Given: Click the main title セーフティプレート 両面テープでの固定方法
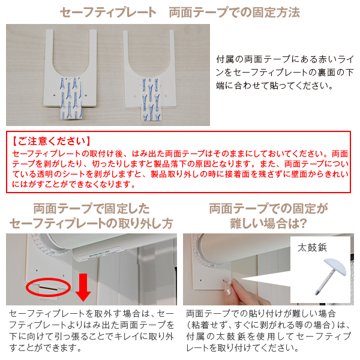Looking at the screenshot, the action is click(180, 12).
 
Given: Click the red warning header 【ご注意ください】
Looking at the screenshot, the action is click(52, 141).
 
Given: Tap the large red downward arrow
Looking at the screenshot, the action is click(83, 287).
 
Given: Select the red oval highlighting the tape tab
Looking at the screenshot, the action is click(48, 287).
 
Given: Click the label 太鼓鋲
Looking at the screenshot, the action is click(312, 248).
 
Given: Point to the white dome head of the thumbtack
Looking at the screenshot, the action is click(336, 266).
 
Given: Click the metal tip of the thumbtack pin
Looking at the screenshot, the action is click(316, 293).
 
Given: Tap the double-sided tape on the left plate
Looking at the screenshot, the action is click(71, 98).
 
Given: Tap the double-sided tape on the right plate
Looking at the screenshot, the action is click(151, 100).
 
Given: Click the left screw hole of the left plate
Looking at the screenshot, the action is click(54, 95).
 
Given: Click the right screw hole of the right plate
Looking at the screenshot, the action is click(166, 96).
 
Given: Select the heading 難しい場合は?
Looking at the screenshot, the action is click(268, 223).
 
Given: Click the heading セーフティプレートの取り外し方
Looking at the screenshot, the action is click(91, 223).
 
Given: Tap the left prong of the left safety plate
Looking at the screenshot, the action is click(49, 50).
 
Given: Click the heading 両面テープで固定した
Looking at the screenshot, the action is click(92, 208).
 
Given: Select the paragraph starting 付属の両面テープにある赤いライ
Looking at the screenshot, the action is click(284, 73).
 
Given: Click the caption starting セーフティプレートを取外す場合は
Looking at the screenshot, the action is click(92, 331).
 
